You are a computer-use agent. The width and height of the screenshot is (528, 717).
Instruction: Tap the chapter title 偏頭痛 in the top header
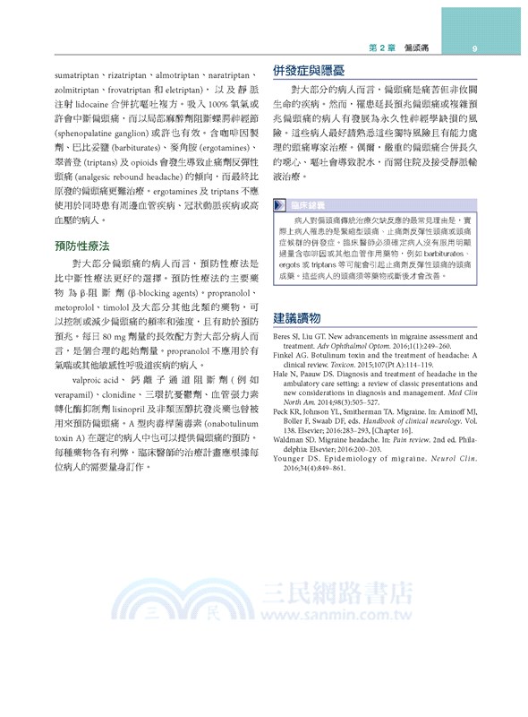coord(419,48)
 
